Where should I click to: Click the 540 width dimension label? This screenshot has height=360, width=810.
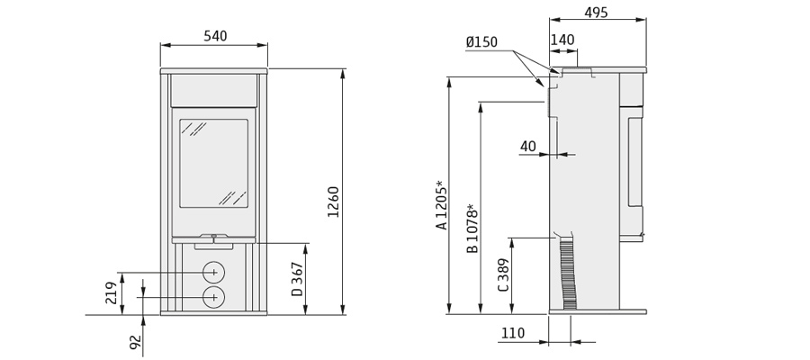[215, 36]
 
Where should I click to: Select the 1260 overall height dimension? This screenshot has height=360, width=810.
[334, 202]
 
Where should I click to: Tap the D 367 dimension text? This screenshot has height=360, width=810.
[297, 279]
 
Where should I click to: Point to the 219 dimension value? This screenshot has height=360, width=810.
[112, 292]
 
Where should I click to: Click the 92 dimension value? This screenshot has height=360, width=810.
[135, 342]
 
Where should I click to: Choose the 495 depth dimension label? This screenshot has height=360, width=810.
[596, 13]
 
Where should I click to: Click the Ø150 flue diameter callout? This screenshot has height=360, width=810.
[481, 41]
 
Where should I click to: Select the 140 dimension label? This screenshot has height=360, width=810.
[562, 40]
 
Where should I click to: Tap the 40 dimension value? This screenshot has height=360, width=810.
[528, 146]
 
